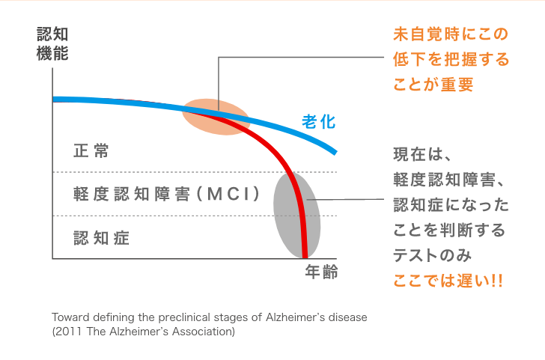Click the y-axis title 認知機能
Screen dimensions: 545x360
point(52,43)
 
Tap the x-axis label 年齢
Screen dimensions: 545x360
point(321,272)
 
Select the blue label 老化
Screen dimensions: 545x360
point(319,121)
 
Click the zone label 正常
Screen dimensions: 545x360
point(91,151)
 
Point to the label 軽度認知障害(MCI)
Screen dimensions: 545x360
point(166,194)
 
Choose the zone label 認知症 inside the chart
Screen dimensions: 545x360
point(101,238)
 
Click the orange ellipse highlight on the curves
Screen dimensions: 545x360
point(216,117)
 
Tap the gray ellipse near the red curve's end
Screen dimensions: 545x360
point(296,216)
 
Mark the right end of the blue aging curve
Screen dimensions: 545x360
point(335,152)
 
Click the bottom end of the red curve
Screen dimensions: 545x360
point(305,257)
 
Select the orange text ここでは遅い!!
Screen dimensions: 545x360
point(448,281)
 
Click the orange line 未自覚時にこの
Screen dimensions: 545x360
point(451,34)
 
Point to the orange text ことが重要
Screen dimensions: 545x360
point(433,85)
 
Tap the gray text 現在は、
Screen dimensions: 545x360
point(422,155)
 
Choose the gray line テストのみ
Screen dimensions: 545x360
point(433,255)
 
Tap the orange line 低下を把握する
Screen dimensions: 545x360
point(451,59)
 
